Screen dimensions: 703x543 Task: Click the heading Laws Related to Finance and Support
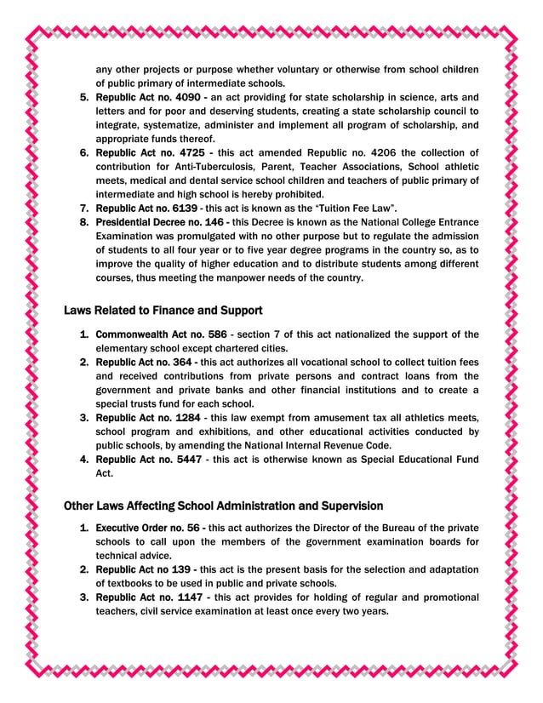pyautogui.click(x=163, y=310)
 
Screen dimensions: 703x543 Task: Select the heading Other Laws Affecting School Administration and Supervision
pyautogui.click(x=223, y=506)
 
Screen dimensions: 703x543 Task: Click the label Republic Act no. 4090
pyautogui.click(x=147, y=97)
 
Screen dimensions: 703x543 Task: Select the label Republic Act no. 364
pyautogui.click(x=144, y=362)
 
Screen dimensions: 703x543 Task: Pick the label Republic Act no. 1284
pyautogui.click(x=147, y=417)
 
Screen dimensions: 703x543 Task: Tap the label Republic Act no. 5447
pyautogui.click(x=147, y=459)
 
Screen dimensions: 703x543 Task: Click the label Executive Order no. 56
pyautogui.click(x=146, y=528)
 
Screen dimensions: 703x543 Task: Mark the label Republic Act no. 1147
pyautogui.click(x=147, y=597)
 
